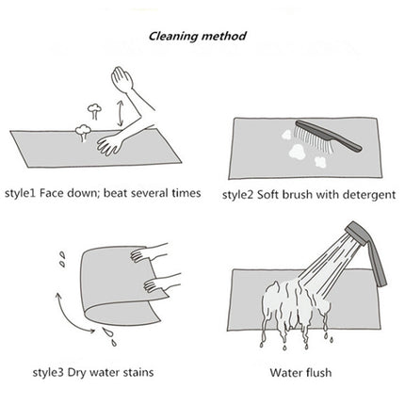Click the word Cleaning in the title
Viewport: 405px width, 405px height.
point(173,37)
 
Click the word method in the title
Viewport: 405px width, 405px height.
point(224,36)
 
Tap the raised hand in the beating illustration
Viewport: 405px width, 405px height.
point(122,79)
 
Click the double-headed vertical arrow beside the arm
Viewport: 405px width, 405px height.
point(120,114)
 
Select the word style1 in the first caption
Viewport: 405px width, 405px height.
point(20,193)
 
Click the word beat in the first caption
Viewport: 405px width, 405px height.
point(116,192)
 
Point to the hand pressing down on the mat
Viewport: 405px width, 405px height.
point(109,145)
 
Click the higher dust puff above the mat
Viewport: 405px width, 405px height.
point(94,111)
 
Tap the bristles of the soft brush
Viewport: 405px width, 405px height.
point(313,140)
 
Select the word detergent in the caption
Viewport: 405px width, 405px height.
point(369,195)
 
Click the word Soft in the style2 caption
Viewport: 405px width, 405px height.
point(267,195)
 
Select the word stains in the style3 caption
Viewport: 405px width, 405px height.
point(138,372)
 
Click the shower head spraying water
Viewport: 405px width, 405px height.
point(357,233)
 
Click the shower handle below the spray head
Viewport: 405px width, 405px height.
point(376,264)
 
